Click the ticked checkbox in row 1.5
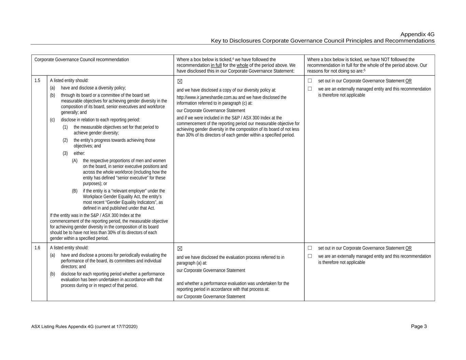click(180, 82)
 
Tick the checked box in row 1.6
click(180, 249)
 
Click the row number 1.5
click(37, 81)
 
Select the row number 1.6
click(37, 248)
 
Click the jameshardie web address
click(207, 97)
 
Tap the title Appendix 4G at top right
click(417, 34)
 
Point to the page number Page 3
click(419, 326)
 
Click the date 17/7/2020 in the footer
click(125, 327)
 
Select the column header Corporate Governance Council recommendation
click(82, 59)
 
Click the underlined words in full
click(216, 65)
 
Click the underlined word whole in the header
click(242, 65)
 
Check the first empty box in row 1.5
click(310, 81)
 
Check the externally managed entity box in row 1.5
click(310, 89)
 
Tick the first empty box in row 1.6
click(310, 248)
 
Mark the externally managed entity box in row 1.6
click(310, 256)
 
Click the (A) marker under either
click(75, 161)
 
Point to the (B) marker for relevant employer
click(75, 191)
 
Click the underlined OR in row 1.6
click(408, 248)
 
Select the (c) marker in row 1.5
click(52, 120)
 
